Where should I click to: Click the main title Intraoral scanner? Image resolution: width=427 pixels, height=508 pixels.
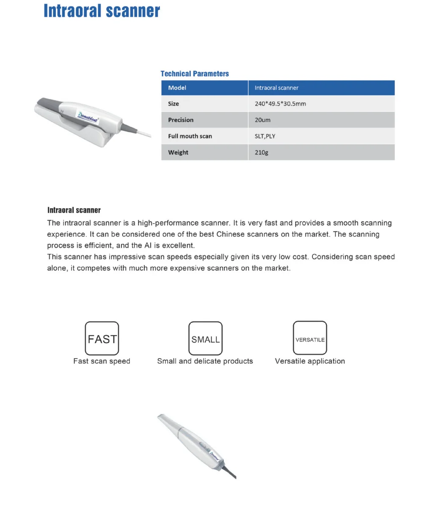tap(102, 11)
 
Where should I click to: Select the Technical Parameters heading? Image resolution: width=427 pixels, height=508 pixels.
tap(195, 74)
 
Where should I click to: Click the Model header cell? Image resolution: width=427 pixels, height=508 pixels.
tap(177, 88)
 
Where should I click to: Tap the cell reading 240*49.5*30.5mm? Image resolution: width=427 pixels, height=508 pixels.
tap(280, 104)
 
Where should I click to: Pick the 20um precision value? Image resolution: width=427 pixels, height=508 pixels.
tap(262, 120)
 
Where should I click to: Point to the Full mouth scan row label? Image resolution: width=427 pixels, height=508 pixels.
tap(190, 136)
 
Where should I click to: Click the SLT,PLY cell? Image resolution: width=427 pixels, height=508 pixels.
tap(265, 136)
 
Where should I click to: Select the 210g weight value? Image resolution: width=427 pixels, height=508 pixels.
tap(262, 152)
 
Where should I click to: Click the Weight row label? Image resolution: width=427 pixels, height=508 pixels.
tap(178, 152)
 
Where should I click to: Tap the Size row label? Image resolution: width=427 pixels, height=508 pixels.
tap(174, 104)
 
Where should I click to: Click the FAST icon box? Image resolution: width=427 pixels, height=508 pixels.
tap(102, 338)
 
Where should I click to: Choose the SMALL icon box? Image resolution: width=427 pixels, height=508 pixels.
tap(206, 338)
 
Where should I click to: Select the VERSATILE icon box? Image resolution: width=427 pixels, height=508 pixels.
tap(310, 338)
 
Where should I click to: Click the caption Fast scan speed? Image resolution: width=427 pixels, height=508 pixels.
tap(102, 361)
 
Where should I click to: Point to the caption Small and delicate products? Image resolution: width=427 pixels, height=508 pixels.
tap(205, 361)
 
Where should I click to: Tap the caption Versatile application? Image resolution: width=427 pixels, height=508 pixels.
tap(310, 361)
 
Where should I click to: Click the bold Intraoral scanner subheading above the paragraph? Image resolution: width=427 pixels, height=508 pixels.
tap(74, 210)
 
